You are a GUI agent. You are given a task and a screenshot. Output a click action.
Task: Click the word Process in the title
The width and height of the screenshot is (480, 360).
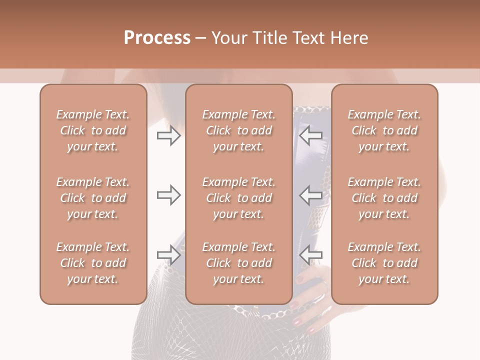pyautogui.click(x=157, y=38)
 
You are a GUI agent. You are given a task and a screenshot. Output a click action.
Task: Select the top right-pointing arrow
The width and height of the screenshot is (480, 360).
pyautogui.click(x=169, y=135)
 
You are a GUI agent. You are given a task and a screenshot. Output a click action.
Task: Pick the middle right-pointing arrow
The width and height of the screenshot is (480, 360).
pyautogui.click(x=169, y=195)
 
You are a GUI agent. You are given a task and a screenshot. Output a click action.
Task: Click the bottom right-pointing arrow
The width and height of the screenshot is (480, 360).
pyautogui.click(x=169, y=255)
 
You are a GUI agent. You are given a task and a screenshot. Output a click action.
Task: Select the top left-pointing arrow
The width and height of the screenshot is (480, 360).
pyautogui.click(x=311, y=135)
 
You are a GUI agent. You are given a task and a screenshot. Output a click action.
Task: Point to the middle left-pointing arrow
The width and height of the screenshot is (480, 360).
pyautogui.click(x=311, y=195)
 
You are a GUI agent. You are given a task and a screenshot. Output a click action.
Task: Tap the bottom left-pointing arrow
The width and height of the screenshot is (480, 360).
pyautogui.click(x=311, y=255)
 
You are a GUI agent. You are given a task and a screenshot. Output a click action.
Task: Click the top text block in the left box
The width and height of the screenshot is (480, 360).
pyautogui.click(x=93, y=130)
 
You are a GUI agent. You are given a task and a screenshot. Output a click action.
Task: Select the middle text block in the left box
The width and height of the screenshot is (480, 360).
pyautogui.click(x=93, y=198)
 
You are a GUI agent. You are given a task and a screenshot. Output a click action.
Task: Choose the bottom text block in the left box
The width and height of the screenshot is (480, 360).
pyautogui.click(x=93, y=263)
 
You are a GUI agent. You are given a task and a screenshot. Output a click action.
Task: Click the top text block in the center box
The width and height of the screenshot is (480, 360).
pyautogui.click(x=238, y=130)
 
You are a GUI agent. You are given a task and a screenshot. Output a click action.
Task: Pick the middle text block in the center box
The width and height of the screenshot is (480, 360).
pyautogui.click(x=238, y=198)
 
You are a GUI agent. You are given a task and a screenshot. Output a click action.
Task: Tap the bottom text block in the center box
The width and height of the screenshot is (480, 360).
pyautogui.click(x=238, y=263)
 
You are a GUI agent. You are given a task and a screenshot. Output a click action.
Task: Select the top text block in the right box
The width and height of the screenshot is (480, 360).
pyautogui.click(x=384, y=130)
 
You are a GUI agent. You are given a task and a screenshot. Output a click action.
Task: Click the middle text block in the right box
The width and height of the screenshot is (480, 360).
pyautogui.click(x=384, y=198)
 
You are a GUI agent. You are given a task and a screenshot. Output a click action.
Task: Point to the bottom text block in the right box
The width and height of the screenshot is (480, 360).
pyautogui.click(x=384, y=263)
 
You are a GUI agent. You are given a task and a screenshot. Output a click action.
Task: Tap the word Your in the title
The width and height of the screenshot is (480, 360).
pyautogui.click(x=228, y=38)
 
